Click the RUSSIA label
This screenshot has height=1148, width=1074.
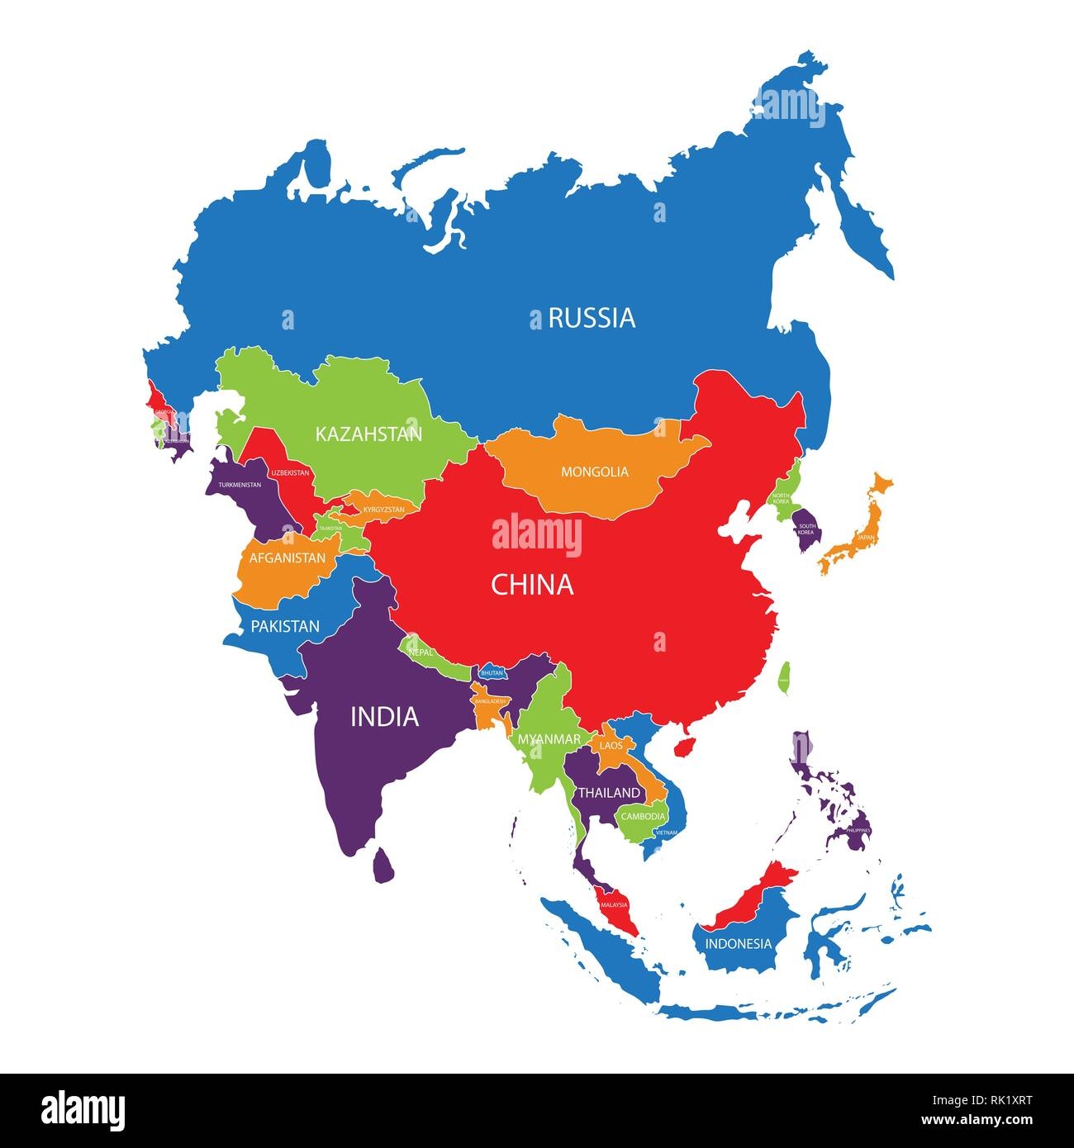[x=592, y=318]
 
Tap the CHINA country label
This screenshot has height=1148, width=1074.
[x=532, y=585]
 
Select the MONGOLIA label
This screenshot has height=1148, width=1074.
[x=595, y=472]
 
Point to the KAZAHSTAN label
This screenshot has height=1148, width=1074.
[x=368, y=434]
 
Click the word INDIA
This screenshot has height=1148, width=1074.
[x=385, y=717]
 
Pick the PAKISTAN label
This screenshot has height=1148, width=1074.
[x=285, y=627]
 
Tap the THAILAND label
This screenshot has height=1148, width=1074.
[x=609, y=793]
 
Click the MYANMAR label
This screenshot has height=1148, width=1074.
[x=549, y=740]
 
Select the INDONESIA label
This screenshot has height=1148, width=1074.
[x=738, y=944]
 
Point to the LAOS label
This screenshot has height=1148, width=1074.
[x=611, y=746]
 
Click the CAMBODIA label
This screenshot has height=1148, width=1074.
[x=643, y=817]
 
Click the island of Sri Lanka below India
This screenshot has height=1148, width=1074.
[x=383, y=866]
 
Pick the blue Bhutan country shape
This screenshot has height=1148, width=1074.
[x=492, y=672]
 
